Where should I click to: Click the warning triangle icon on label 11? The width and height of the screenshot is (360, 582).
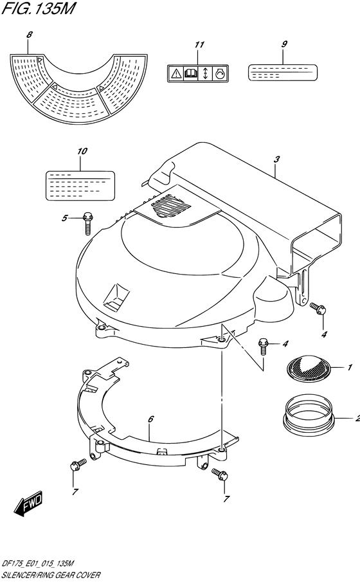pos(175,73)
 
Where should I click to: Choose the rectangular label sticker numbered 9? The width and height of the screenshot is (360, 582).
pos(282,73)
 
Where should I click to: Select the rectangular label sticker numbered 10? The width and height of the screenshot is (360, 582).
pos(80,186)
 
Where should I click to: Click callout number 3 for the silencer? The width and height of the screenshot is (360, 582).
pos(276,159)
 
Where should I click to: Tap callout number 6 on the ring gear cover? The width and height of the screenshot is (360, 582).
pos(150,419)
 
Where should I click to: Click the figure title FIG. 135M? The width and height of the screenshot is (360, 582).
pos(38,8)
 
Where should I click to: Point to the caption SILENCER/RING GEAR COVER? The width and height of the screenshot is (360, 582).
pos(51,575)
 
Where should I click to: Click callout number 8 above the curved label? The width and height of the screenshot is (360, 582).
pos(29,35)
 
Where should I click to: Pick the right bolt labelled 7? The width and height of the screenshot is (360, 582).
pos(221,475)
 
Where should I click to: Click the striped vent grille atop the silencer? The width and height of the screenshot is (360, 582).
pos(171,206)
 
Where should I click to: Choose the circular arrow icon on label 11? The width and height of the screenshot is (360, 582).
pos(220,73)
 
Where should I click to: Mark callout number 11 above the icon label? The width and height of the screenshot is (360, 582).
pos(200,44)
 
